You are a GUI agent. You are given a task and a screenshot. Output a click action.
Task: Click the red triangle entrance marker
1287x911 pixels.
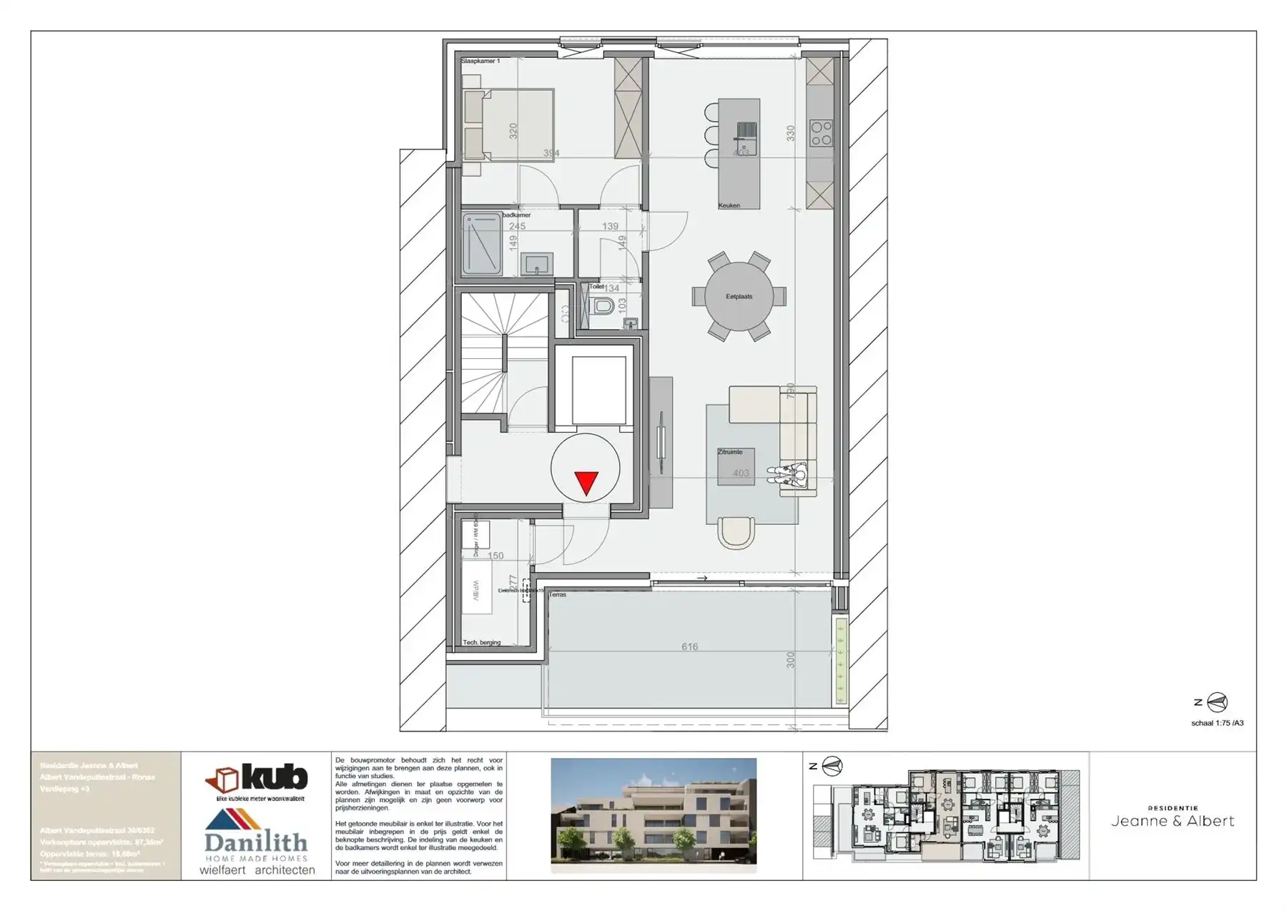(x=586, y=483)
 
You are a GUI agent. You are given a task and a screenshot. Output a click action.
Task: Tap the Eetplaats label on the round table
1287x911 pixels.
(x=739, y=297)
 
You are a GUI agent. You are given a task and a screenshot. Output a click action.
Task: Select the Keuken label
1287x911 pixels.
(x=729, y=206)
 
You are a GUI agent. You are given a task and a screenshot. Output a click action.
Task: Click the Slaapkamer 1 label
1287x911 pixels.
(x=480, y=61)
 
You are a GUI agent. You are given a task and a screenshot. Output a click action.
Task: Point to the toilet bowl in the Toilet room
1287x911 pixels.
(x=604, y=307)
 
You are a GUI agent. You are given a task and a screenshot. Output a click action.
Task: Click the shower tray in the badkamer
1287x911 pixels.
(x=481, y=244)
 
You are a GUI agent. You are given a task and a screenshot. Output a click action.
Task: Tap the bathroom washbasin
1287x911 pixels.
(x=536, y=265)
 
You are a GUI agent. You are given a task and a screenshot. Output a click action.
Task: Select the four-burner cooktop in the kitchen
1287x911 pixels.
(x=821, y=133)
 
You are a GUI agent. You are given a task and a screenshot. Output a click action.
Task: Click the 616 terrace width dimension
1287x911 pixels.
(x=689, y=647)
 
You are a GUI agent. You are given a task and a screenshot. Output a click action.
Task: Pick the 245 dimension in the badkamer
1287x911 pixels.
(x=517, y=226)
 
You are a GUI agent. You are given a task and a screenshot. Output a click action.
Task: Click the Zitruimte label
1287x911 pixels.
(x=730, y=452)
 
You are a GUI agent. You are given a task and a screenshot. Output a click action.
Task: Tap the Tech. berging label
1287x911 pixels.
(x=482, y=643)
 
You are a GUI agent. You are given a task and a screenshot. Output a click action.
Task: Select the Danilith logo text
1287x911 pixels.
(x=255, y=842)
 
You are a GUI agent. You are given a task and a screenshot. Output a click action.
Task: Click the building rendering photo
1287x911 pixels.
(x=654, y=813)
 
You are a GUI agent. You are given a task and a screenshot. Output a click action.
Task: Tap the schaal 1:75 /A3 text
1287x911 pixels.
(x=1217, y=723)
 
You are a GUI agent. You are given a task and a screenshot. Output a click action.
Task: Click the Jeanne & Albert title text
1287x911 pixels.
(x=1173, y=821)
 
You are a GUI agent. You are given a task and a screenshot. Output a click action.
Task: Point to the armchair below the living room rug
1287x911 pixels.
(x=736, y=531)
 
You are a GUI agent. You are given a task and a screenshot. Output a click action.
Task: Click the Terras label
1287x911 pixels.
(x=558, y=595)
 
